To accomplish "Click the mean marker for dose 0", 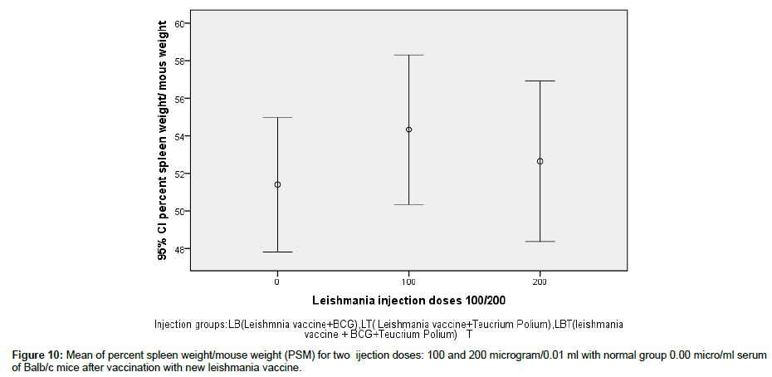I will point(277,184).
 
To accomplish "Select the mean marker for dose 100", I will point(408,130).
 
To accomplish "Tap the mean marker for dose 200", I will point(540,161).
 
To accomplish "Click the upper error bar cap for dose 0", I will point(277,118).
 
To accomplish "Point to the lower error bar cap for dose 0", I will point(277,252).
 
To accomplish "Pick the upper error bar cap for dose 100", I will point(408,55).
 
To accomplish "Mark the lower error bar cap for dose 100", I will point(408,204).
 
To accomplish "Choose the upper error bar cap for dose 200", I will point(540,81).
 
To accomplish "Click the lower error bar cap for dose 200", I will point(540,241).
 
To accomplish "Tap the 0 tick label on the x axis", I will point(277,281).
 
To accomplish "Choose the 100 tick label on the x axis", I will point(408,281).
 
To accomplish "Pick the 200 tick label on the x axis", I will point(540,281).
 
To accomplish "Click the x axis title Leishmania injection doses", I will point(408,299).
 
